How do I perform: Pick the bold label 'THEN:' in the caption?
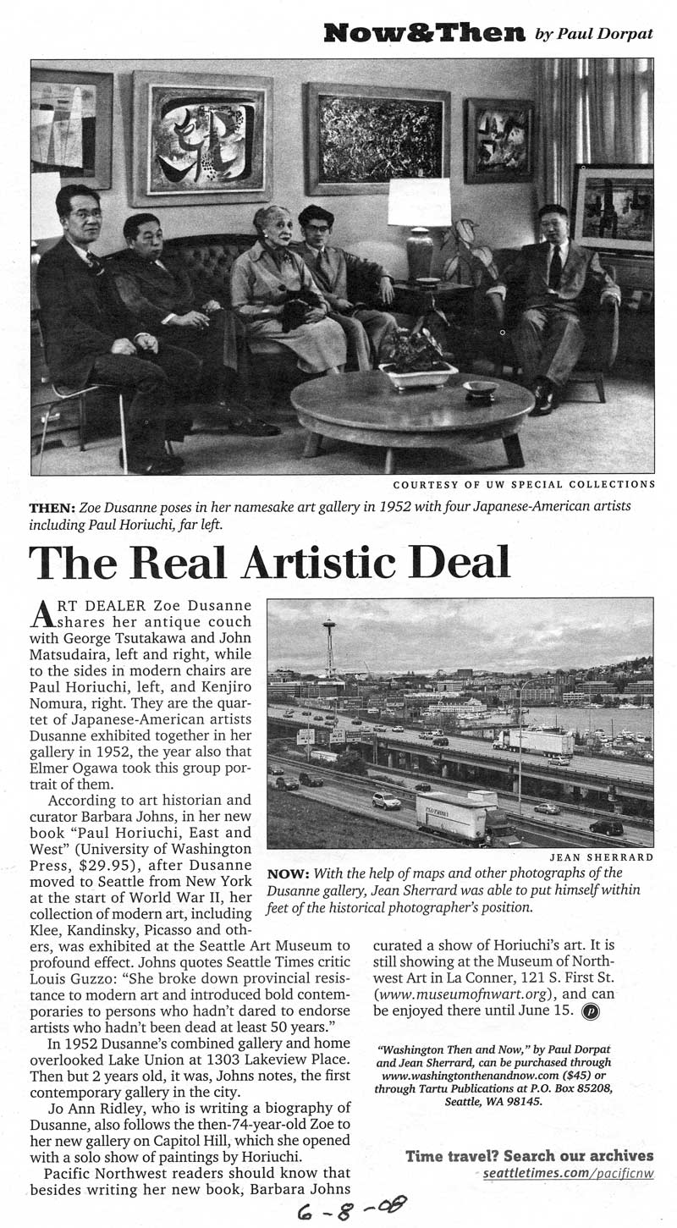click(x=52, y=506)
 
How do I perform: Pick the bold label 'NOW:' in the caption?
click(x=285, y=874)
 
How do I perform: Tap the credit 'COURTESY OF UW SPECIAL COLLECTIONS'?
click(x=524, y=485)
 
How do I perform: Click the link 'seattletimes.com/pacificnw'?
click(x=568, y=1174)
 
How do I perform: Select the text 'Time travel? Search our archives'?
click(x=529, y=1155)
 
